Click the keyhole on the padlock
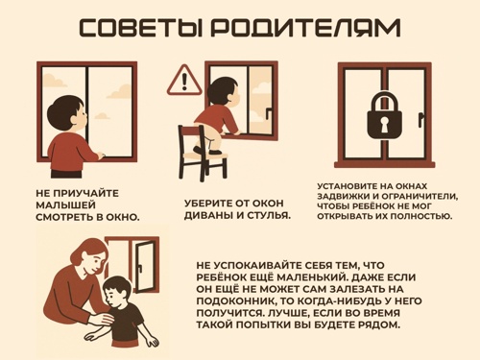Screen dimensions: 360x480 pos(382,126)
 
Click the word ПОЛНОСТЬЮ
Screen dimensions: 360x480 pos(420,216)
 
